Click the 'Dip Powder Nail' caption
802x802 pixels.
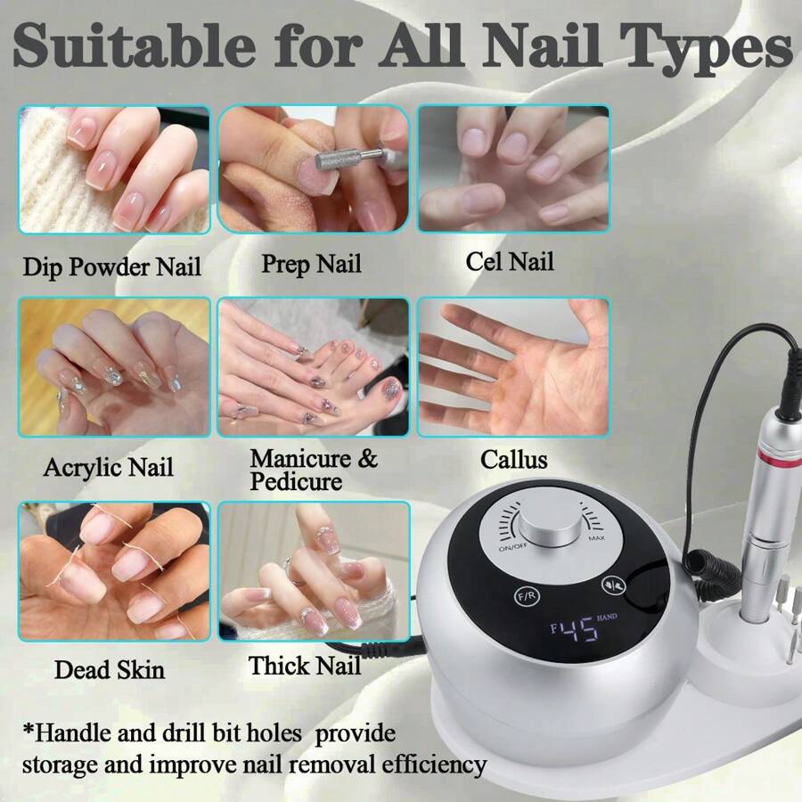coord(112,266)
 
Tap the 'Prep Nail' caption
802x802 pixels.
coord(311,264)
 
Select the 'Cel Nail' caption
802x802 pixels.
coord(510,262)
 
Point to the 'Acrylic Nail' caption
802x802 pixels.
coord(109,467)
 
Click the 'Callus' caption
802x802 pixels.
coord(514,460)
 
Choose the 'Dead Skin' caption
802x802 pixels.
coord(110,668)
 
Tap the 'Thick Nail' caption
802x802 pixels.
coord(305,666)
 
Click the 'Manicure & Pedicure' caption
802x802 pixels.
coord(313,470)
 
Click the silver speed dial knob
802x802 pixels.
coord(541,526)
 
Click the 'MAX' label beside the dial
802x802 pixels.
coord(596,538)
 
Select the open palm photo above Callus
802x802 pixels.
coord(513,366)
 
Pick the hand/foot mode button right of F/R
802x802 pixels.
coord(610,585)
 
